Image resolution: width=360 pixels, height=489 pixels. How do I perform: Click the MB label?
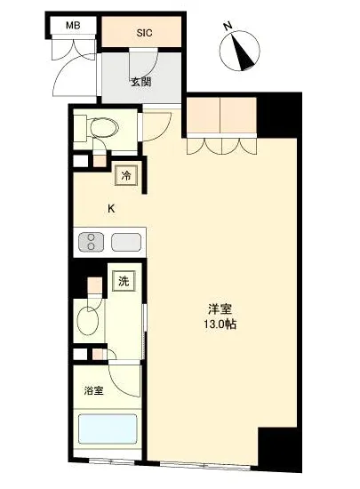pyautogui.click(x=73, y=25)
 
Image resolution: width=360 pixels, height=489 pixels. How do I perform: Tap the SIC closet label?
pyautogui.click(x=143, y=34)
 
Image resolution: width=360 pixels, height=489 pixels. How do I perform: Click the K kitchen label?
pyautogui.click(x=111, y=209)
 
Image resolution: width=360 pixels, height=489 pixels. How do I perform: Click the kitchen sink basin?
pyautogui.click(x=127, y=242)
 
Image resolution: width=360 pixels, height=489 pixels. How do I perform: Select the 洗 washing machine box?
pyautogui.click(x=124, y=282)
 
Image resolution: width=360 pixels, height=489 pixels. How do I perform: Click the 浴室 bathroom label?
pyautogui.click(x=93, y=390)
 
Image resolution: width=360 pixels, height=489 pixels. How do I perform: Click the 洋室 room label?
pyautogui.click(x=220, y=309)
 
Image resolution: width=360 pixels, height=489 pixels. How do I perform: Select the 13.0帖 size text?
pyautogui.click(x=220, y=325)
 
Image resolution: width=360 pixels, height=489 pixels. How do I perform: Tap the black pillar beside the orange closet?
pyautogui.click(x=275, y=112)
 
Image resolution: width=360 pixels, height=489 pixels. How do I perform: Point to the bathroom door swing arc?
pyautogui.click(x=126, y=378)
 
